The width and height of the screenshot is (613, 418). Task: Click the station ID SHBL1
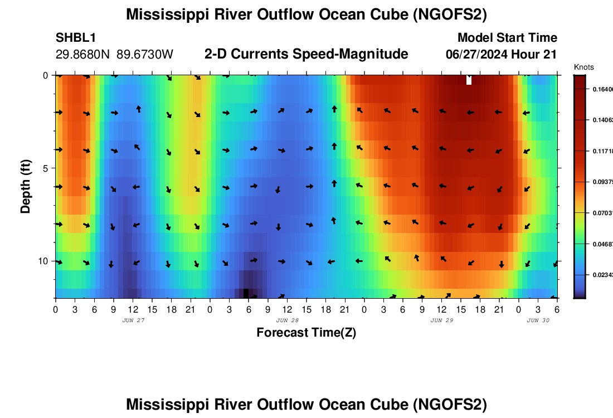click(76, 38)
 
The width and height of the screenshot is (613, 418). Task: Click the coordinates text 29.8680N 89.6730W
click(114, 55)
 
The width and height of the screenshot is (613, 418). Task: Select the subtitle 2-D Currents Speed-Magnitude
click(306, 54)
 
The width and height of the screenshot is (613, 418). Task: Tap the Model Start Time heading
click(507, 38)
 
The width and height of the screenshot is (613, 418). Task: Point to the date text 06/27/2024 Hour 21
click(501, 55)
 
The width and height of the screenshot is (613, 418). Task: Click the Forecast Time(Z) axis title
click(306, 333)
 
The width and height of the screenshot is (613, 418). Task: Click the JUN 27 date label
click(133, 320)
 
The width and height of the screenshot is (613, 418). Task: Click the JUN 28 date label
click(287, 320)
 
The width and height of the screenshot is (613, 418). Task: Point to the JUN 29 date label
click(441, 320)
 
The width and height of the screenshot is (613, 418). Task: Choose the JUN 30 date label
click(538, 320)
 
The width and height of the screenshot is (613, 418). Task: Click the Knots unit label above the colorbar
click(583, 67)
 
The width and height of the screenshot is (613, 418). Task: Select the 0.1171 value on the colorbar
click(602, 150)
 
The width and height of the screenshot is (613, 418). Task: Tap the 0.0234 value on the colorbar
click(602, 275)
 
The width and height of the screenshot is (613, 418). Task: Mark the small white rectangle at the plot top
click(469, 80)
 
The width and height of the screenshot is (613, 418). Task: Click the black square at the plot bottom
click(246, 293)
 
